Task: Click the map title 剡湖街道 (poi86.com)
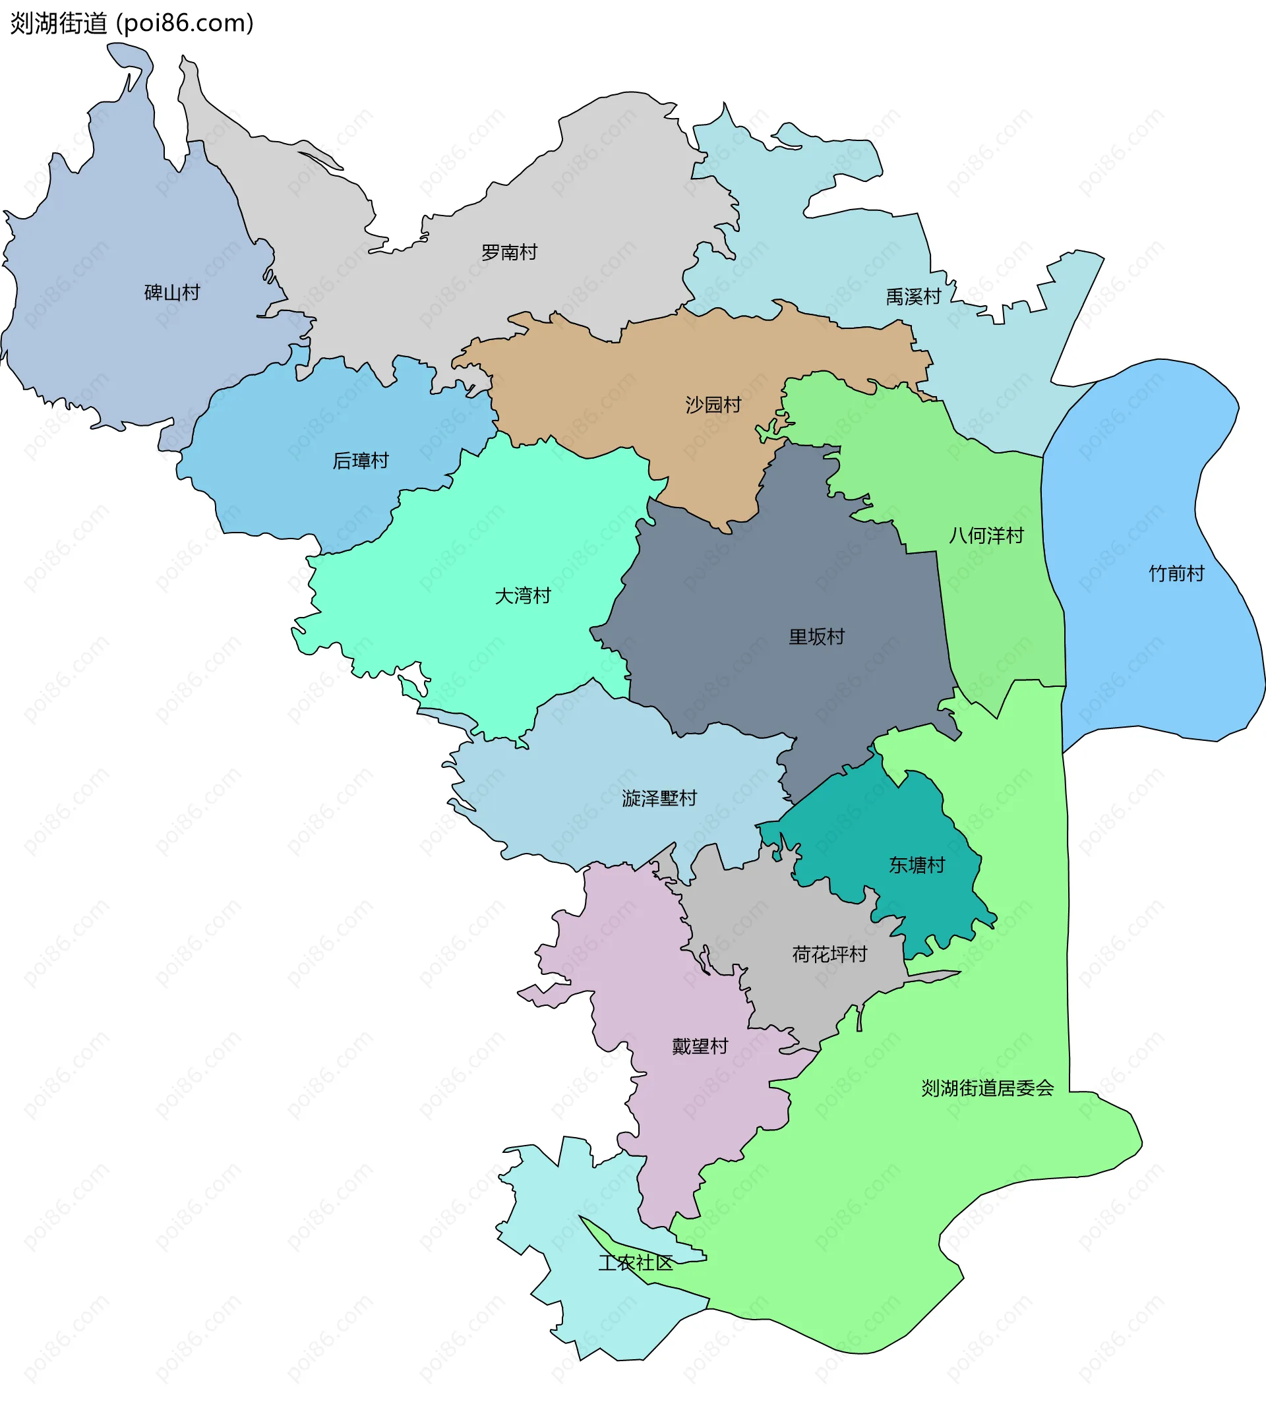point(132,24)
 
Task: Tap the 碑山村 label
point(172,292)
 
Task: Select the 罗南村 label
point(509,252)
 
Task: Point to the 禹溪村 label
point(913,297)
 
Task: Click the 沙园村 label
point(713,405)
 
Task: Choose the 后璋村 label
point(360,460)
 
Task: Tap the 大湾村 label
point(522,596)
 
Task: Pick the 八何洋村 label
point(986,535)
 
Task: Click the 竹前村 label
point(1176,573)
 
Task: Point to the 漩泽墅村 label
point(659,798)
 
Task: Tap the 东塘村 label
point(917,865)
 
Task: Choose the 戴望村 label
point(700,1047)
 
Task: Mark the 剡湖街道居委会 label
point(987,1088)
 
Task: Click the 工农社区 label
point(635,1263)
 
